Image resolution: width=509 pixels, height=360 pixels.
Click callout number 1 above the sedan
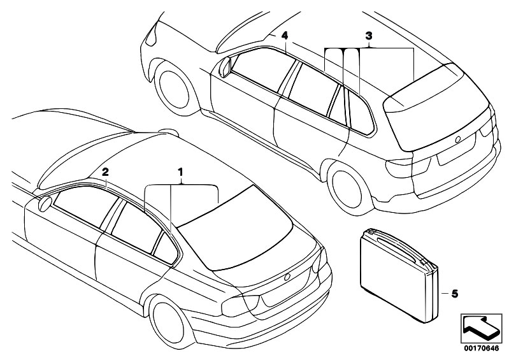(x=180, y=172)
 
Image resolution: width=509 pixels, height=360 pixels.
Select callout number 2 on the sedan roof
(x=105, y=173)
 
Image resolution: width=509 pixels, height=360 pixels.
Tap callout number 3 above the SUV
(x=368, y=36)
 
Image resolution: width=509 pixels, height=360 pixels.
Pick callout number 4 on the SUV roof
(x=284, y=36)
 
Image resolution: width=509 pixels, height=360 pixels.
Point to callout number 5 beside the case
(x=454, y=294)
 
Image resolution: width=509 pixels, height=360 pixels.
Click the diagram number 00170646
(x=481, y=349)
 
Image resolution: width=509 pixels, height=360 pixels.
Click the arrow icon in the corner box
(x=481, y=328)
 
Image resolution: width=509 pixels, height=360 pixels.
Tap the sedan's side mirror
(x=45, y=204)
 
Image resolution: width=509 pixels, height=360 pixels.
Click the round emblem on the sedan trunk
(x=287, y=278)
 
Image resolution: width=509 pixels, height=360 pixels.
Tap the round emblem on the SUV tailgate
(x=458, y=140)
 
